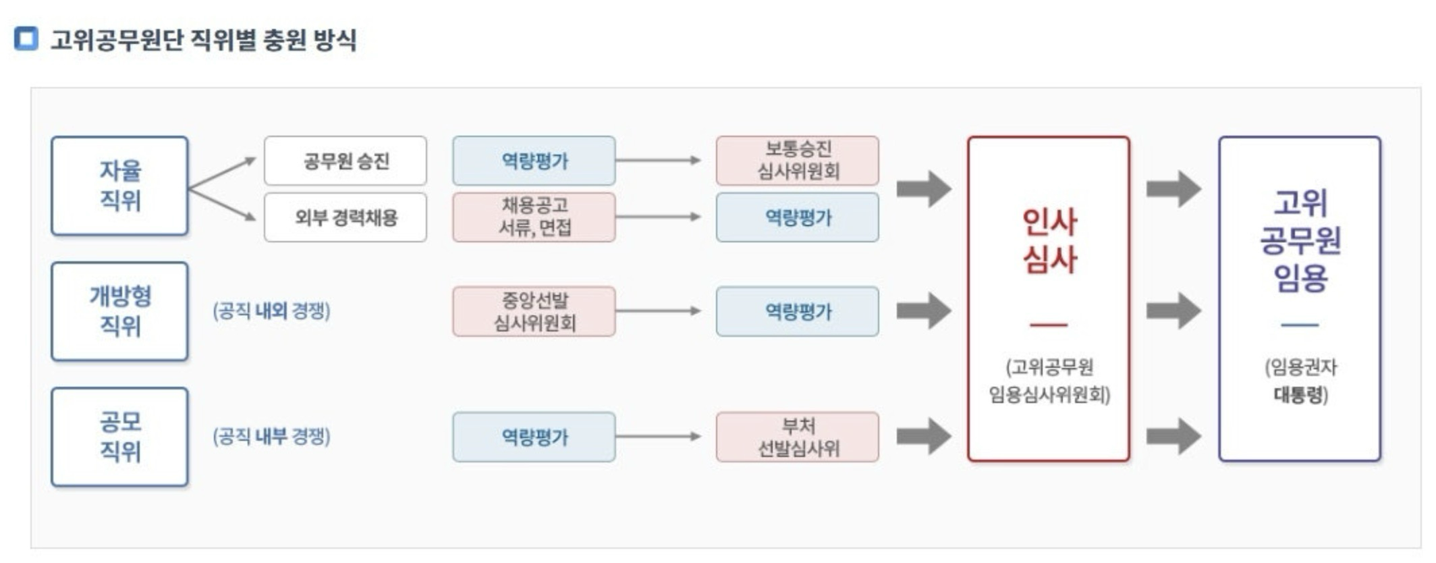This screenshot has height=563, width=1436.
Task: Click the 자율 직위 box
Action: tap(119, 186)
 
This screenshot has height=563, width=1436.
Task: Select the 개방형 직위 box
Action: tap(119, 311)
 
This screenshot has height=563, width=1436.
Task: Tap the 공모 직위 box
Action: tap(119, 437)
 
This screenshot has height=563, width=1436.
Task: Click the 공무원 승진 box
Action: tap(346, 161)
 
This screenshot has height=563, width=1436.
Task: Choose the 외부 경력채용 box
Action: tap(346, 217)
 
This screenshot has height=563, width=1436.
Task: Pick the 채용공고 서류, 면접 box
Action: tap(534, 217)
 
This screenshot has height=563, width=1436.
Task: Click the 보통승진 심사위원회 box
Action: tap(798, 161)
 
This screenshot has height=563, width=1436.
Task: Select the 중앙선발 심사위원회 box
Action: tap(534, 311)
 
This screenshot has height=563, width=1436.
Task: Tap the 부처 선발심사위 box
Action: tap(798, 437)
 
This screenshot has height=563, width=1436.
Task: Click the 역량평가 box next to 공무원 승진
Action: tap(534, 161)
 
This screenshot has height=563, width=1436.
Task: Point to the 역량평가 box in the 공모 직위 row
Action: tap(534, 437)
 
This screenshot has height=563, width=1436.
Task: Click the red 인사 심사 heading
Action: tap(1049, 240)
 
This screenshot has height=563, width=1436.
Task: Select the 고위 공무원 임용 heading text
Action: tap(1300, 240)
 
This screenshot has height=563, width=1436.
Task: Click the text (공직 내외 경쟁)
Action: tap(271, 311)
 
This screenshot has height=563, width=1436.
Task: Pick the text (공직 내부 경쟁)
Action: tap(271, 437)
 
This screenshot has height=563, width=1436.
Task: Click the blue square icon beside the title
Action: tap(26, 38)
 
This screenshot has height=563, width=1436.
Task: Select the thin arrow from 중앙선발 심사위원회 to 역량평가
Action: tap(658, 311)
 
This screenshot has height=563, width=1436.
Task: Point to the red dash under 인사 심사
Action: tap(1049, 325)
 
